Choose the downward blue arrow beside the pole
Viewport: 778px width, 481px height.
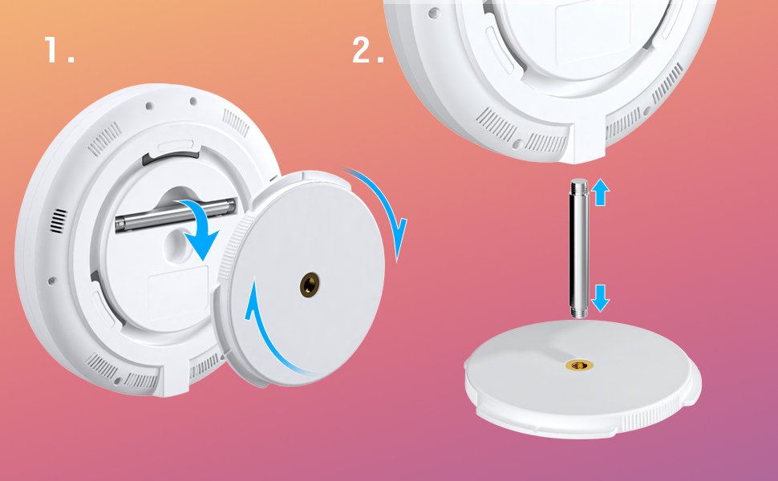coord(601,298)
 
